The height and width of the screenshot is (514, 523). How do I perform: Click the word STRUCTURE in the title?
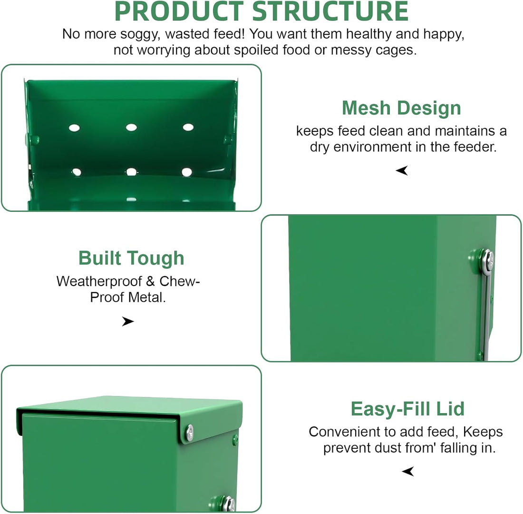(x=330, y=11)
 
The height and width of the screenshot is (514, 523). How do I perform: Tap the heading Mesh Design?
(x=401, y=108)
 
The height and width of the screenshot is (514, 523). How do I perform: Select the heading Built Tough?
(x=131, y=258)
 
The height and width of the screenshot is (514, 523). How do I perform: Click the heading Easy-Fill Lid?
(x=407, y=409)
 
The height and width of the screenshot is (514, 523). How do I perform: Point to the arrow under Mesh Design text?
(x=402, y=170)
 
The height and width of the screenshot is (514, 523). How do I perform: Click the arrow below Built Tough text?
(x=128, y=321)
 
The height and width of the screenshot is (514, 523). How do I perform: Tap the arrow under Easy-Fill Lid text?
(x=408, y=471)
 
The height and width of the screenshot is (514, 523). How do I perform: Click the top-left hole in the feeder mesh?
(x=74, y=128)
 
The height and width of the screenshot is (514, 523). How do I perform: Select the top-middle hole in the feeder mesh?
(x=131, y=127)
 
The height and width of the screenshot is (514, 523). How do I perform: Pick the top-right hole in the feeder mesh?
(x=188, y=127)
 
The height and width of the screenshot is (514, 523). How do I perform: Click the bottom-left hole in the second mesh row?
(x=77, y=172)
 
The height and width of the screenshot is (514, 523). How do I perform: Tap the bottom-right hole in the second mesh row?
(x=187, y=172)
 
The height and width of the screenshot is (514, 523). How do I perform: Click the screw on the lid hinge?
(x=189, y=433)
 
